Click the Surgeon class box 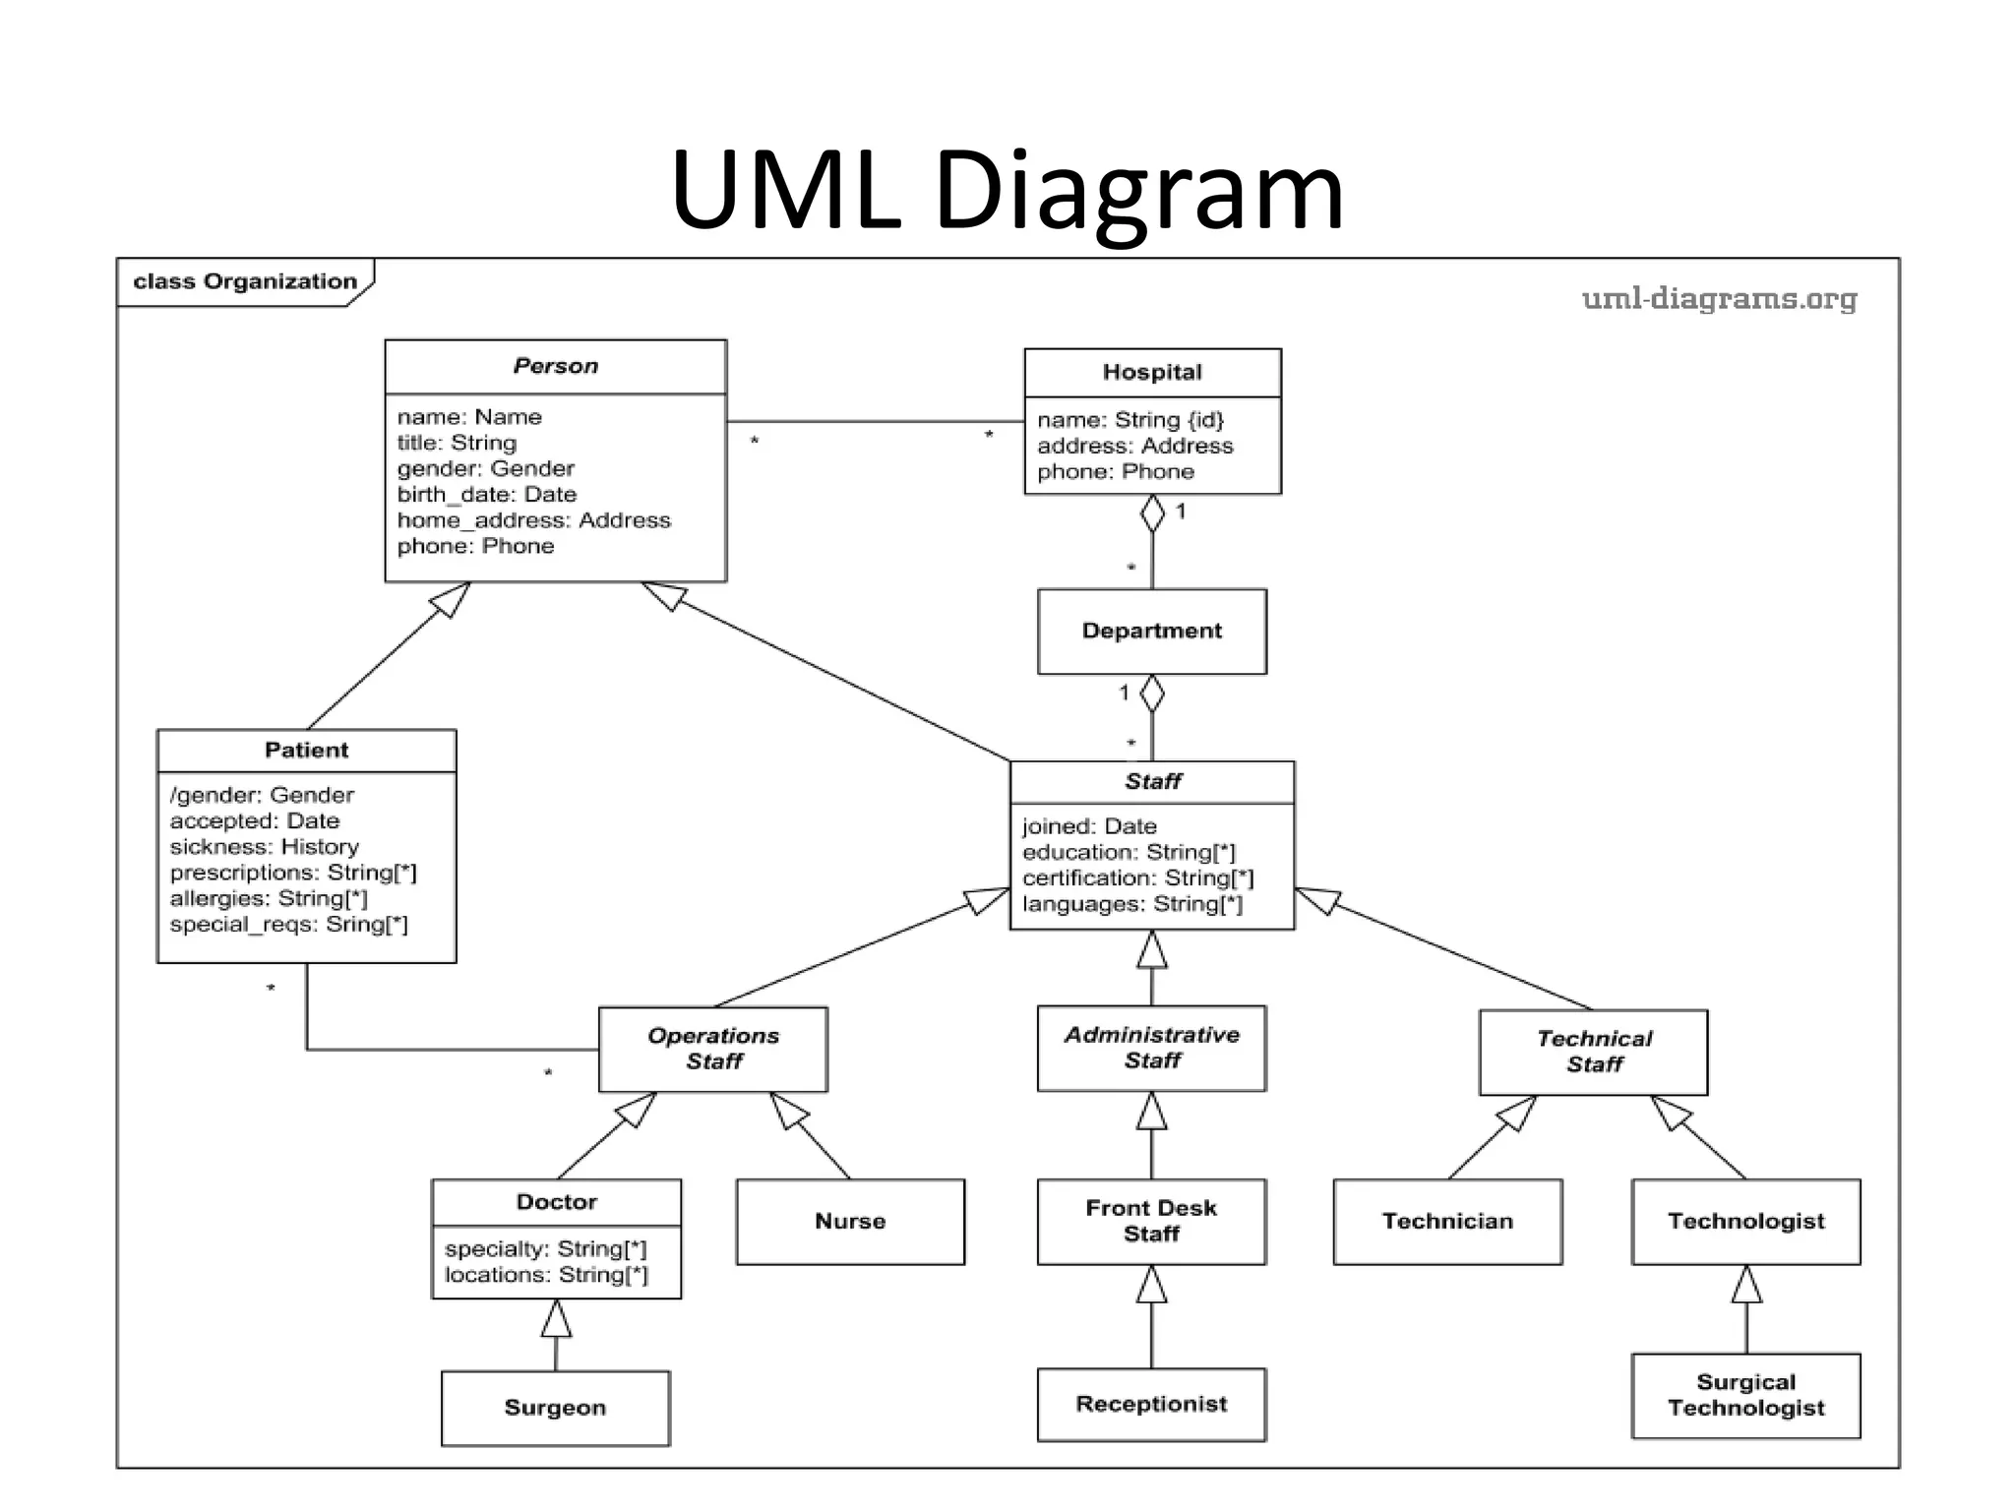click(x=555, y=1408)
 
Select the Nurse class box click(x=850, y=1221)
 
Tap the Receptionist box click(x=1151, y=1404)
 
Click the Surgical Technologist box click(x=1745, y=1395)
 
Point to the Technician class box click(x=1447, y=1221)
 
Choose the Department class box click(x=1151, y=631)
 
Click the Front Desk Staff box click(x=1151, y=1221)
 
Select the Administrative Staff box click(x=1151, y=1048)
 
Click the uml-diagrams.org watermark click(x=1719, y=298)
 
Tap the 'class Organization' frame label click(x=245, y=281)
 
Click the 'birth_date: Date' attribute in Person click(x=487, y=494)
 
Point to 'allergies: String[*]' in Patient click(x=269, y=898)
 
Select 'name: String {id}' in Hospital click(x=1130, y=420)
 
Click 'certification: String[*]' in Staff click(x=1137, y=877)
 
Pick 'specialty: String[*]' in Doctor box click(x=545, y=1248)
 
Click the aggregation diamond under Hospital click(x=1152, y=513)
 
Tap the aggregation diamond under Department click(x=1152, y=694)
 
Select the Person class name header click(x=555, y=366)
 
